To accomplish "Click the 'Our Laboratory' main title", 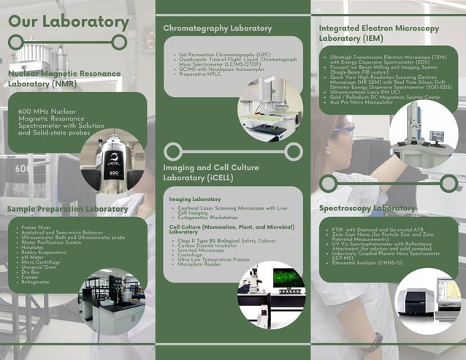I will click(x=69, y=21).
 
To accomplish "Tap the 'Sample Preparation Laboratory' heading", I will click(x=67, y=210).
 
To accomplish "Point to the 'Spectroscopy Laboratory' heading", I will click(x=367, y=209).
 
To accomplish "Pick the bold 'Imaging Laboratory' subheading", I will click(x=195, y=199).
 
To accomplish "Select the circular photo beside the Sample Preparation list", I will click(x=112, y=301).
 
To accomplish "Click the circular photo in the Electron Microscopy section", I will click(x=423, y=134).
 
